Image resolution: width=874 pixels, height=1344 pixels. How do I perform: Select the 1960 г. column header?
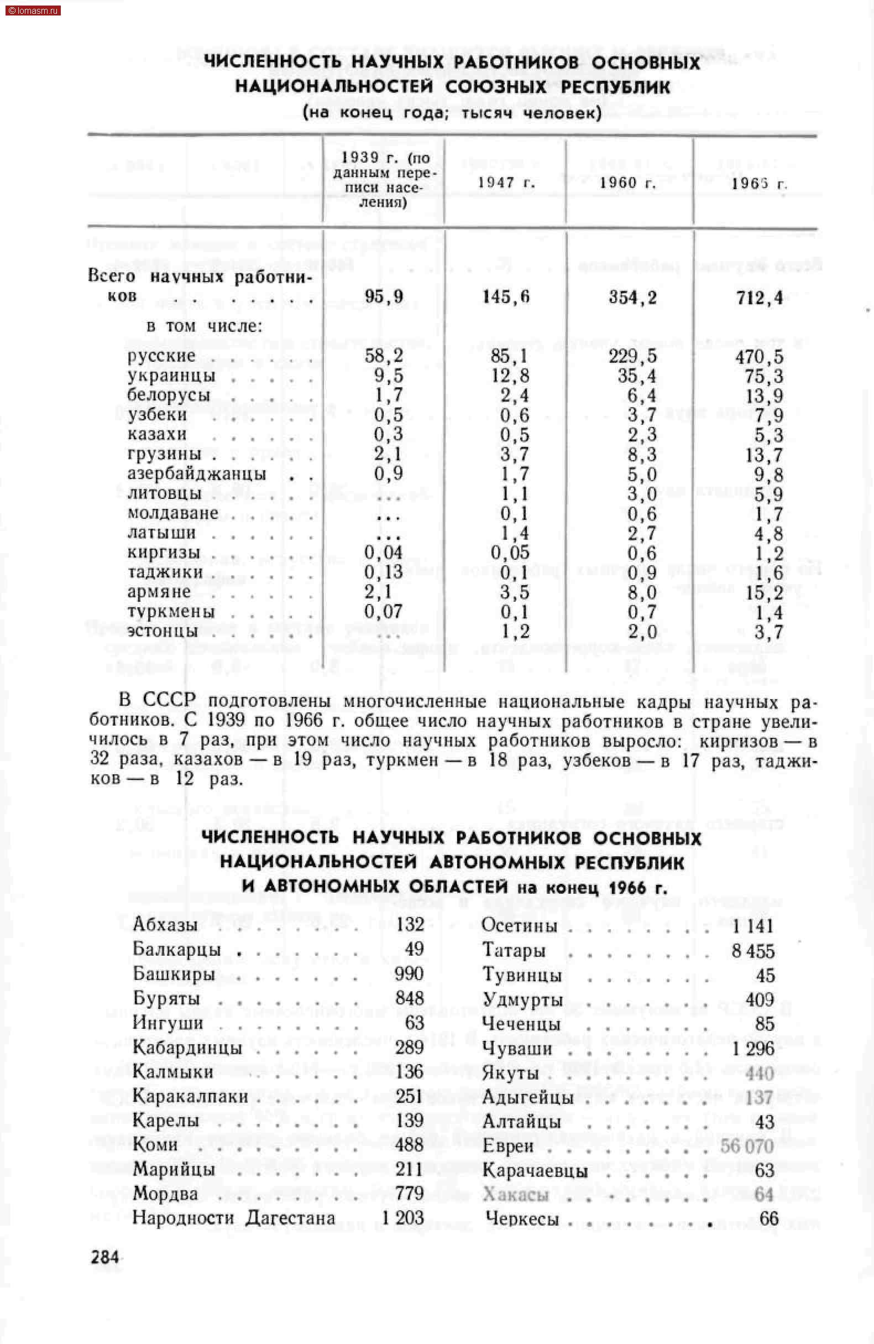627,182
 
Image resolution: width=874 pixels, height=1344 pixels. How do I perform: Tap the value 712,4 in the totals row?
760,298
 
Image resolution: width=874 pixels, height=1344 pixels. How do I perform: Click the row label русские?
161,356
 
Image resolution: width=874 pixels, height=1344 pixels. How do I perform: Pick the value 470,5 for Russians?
759,357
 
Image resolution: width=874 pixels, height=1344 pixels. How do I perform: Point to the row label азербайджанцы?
196,473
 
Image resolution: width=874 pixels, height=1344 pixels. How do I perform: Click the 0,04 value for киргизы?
383,553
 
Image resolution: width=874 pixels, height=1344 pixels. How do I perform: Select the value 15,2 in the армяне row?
764,592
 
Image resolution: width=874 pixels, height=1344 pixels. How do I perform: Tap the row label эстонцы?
163,631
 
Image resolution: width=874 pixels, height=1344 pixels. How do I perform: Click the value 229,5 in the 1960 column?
632,356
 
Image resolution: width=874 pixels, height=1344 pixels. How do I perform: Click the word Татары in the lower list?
514,950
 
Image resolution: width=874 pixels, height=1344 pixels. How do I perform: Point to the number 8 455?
752,951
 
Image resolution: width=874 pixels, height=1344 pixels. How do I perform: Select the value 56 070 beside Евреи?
746,1147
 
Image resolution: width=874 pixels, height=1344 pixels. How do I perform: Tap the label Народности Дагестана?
234,1218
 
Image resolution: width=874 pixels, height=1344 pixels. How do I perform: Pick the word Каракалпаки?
190,1097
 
